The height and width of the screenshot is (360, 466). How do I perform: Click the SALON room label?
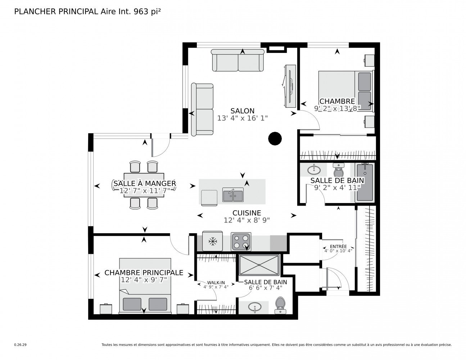(x=242, y=111)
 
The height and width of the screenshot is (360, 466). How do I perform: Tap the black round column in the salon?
(x=275, y=139)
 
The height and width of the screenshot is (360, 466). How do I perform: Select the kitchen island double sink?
(x=233, y=195)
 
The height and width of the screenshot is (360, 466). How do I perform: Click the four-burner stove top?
(x=241, y=242)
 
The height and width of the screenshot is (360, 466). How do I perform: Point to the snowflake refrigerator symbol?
(x=213, y=242)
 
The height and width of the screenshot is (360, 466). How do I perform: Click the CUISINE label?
(x=246, y=213)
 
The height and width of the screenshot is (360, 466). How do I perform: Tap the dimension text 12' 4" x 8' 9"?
(x=246, y=220)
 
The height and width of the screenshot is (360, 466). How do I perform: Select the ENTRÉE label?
(x=338, y=247)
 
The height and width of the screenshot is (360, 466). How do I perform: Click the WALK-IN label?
(x=216, y=283)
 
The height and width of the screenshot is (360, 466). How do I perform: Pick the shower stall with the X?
(x=259, y=265)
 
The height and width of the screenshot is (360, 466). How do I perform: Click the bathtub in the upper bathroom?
(x=365, y=183)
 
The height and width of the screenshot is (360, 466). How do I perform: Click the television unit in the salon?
(x=290, y=86)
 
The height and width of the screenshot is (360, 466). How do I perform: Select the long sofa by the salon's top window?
(x=237, y=60)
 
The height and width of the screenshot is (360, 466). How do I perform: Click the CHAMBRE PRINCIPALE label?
(x=144, y=273)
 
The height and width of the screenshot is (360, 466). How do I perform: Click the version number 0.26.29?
(x=21, y=345)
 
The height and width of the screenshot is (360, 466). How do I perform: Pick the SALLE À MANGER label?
(x=145, y=184)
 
